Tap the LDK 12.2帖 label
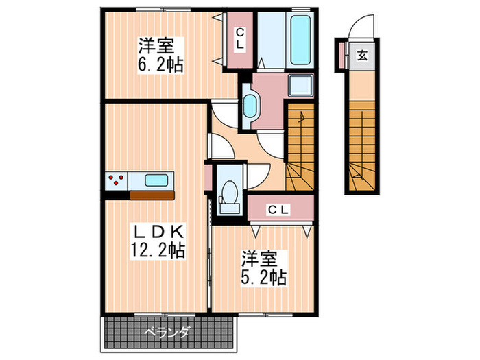pyautogui.click(x=158, y=240)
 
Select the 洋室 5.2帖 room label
pyautogui.click(x=263, y=268)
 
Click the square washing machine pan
pyautogui.click(x=301, y=87)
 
